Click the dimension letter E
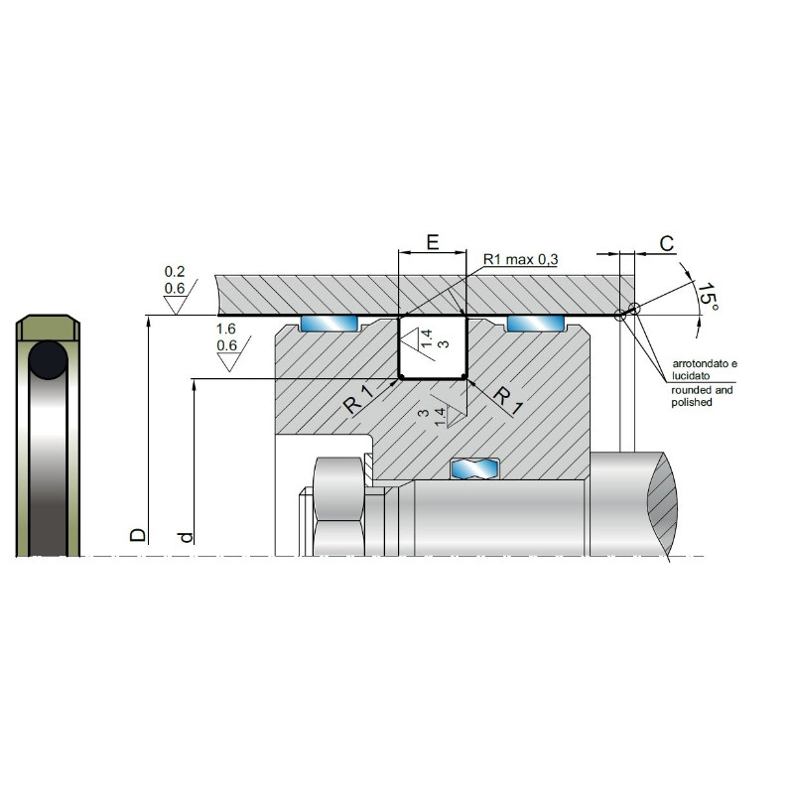(x=433, y=242)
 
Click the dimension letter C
(x=667, y=243)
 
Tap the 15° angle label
(x=708, y=296)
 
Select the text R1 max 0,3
(x=520, y=260)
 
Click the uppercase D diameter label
(x=138, y=535)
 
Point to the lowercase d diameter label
(x=186, y=537)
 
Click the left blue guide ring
(x=330, y=324)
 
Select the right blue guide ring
(x=536, y=324)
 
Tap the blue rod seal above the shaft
(x=474, y=468)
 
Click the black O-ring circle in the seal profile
(x=48, y=360)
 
